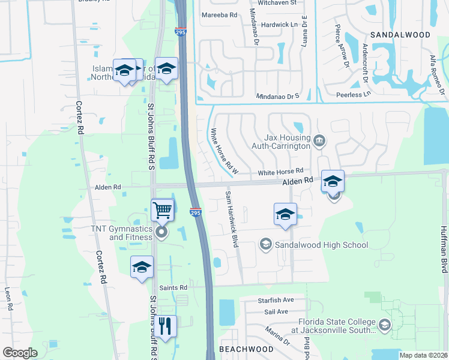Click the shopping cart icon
(x=163, y=211)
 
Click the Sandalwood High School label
(x=321, y=245)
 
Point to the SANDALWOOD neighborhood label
(x=400, y=35)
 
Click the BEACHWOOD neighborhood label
(x=246, y=349)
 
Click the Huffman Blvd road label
(x=444, y=250)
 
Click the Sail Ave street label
(x=276, y=311)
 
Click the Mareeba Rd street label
(x=220, y=15)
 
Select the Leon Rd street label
(x=8, y=298)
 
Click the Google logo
(x=20, y=353)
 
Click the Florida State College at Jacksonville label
(x=334, y=326)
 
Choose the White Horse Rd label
(x=280, y=172)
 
